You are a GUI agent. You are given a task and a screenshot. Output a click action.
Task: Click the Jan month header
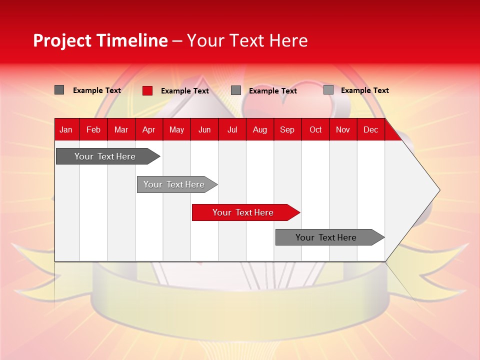pos(66,129)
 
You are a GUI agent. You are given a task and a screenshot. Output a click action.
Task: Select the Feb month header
pos(93,129)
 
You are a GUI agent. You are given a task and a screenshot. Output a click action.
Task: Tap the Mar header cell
pos(121,129)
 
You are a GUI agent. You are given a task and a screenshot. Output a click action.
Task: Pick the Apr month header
pos(149,129)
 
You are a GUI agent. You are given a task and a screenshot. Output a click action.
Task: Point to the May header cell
pos(176,129)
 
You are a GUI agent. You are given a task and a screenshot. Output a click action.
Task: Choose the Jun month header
pos(204,129)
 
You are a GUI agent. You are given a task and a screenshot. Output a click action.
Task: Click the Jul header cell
pos(232,129)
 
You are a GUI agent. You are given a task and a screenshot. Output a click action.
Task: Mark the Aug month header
pos(260,129)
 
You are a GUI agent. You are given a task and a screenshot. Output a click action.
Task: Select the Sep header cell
pos(287,129)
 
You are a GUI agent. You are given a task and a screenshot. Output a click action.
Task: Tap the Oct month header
pos(315,129)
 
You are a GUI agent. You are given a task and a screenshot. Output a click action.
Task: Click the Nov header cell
pos(343,129)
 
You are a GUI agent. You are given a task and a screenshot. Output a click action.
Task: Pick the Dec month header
pos(371,129)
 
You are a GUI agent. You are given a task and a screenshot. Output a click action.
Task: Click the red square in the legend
pos(147,90)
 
